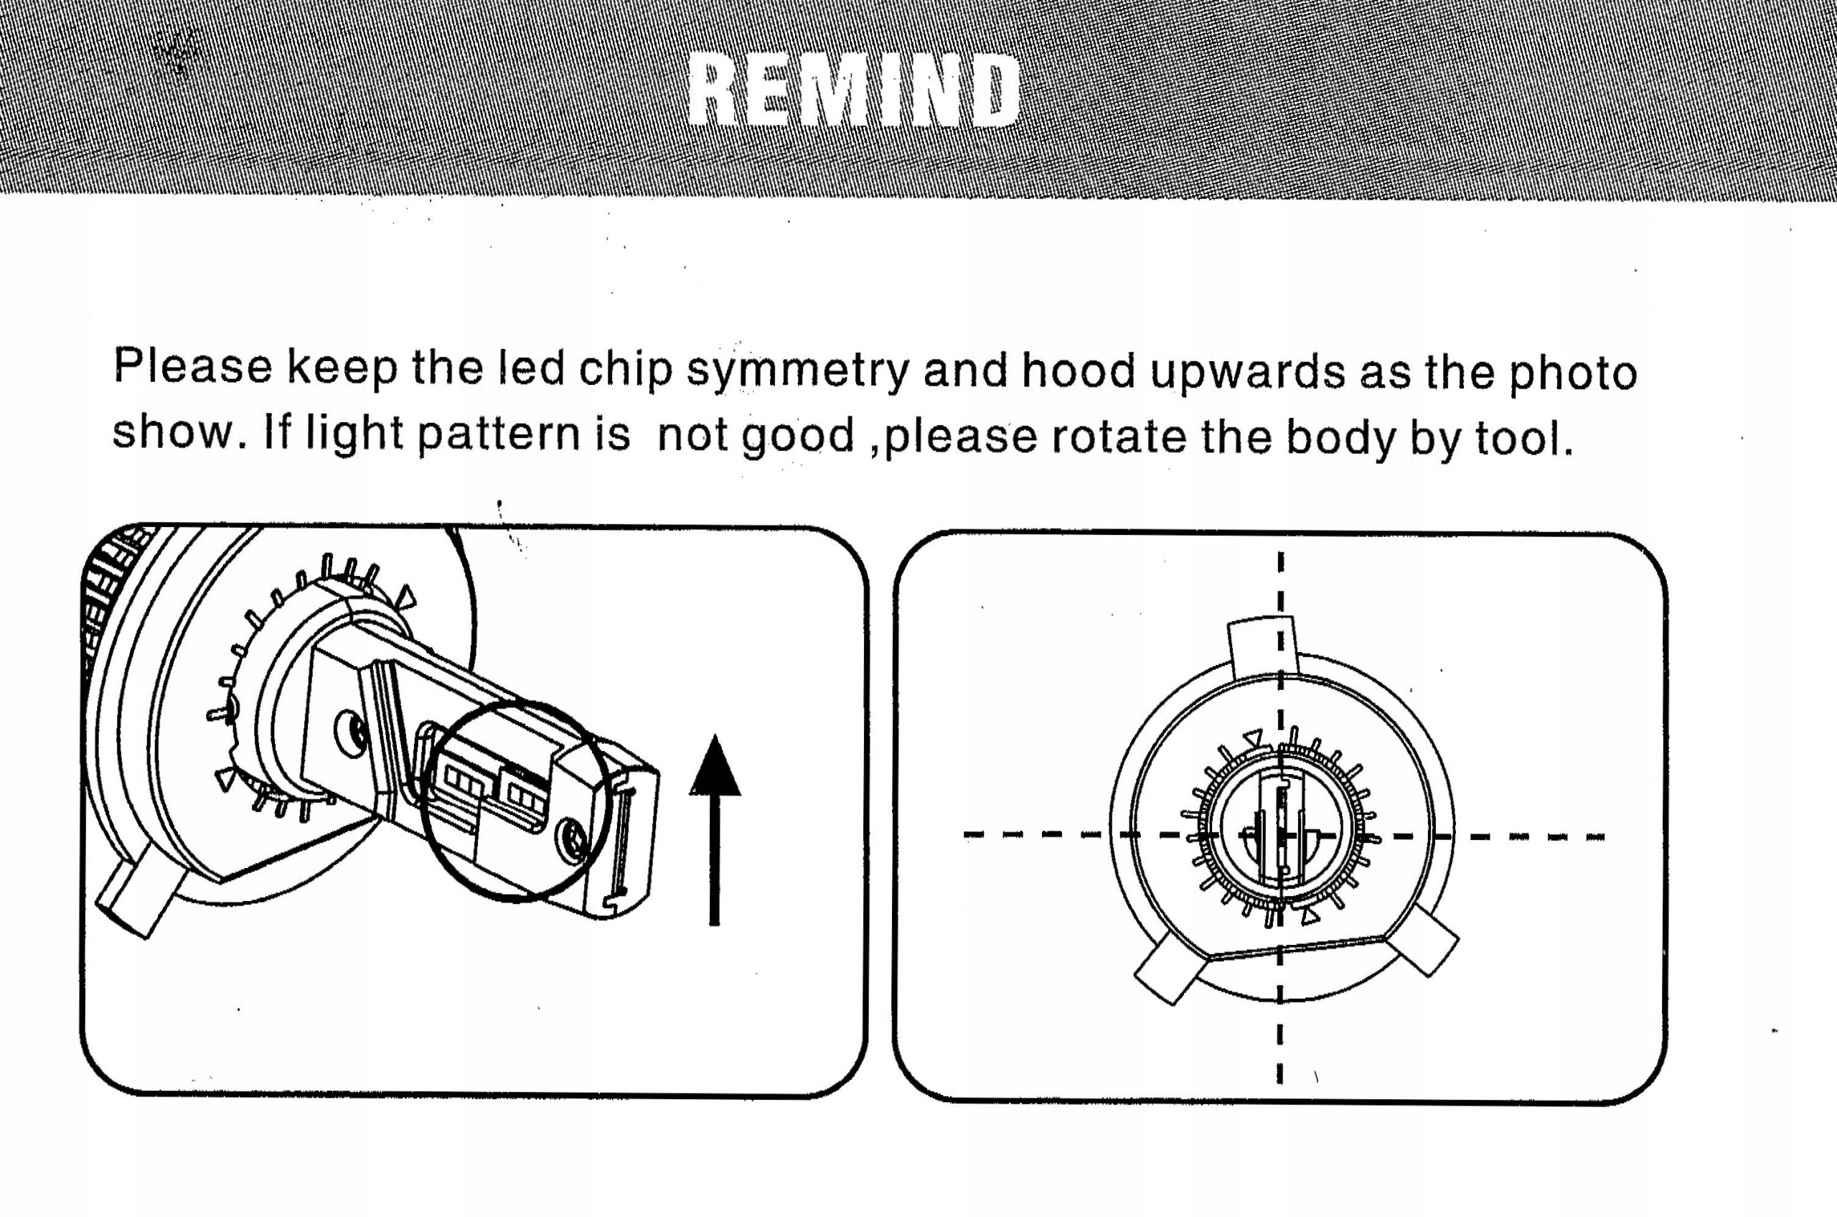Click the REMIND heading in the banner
[x=853, y=92]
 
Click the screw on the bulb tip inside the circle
[x=575, y=841]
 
